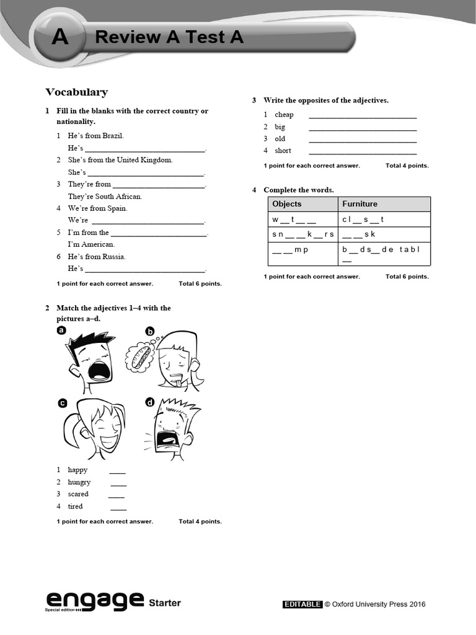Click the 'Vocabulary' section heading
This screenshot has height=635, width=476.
click(x=76, y=92)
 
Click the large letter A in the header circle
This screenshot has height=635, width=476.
click(x=60, y=38)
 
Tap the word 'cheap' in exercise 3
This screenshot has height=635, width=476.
click(x=284, y=115)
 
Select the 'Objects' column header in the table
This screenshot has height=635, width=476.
click(x=287, y=204)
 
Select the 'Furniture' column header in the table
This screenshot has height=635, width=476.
click(x=359, y=204)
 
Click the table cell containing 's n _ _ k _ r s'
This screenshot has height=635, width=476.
click(x=302, y=234)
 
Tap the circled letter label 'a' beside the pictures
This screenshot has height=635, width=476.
click(x=61, y=331)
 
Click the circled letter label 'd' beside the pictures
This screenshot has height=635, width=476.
click(x=149, y=402)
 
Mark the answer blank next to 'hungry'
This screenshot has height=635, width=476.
click(x=118, y=482)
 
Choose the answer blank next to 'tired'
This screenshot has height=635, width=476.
click(x=118, y=507)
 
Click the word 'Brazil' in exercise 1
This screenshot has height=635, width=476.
click(x=113, y=136)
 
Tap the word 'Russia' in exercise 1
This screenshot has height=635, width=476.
click(x=114, y=257)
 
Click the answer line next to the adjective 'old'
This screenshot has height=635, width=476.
click(x=363, y=139)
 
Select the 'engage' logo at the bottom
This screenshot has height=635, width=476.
click(x=94, y=600)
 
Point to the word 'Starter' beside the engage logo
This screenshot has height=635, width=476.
click(x=165, y=603)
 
